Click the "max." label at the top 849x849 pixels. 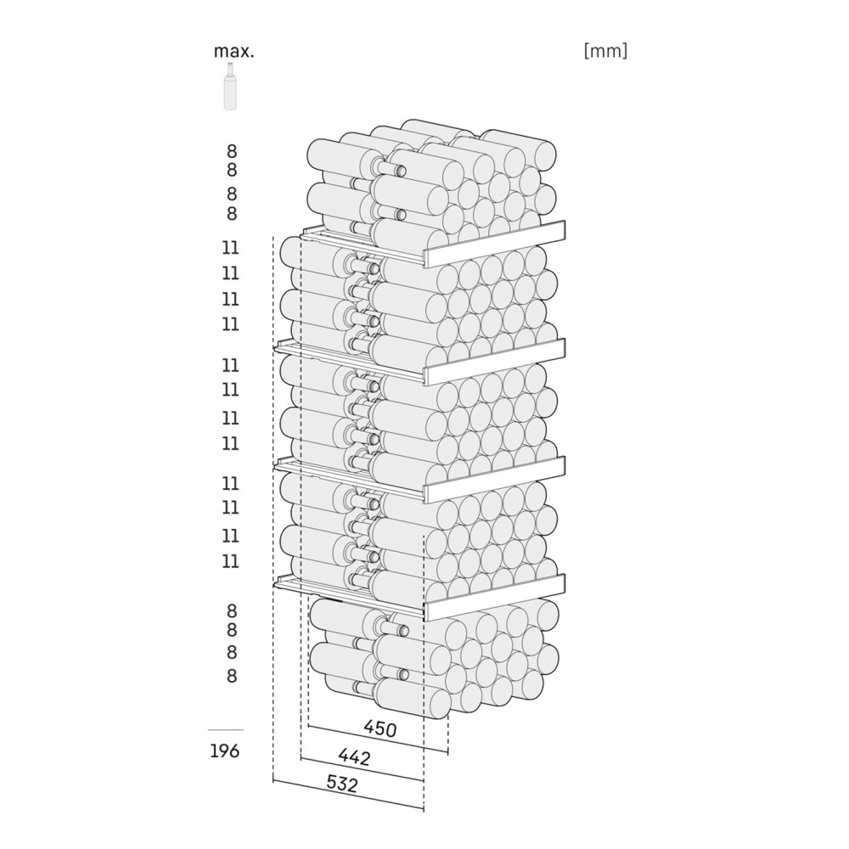tap(234, 52)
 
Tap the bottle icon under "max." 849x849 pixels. tap(231, 87)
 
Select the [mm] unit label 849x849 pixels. tap(606, 51)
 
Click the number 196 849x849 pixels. tap(225, 751)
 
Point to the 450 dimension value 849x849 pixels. tap(380, 728)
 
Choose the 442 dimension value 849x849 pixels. tap(354, 756)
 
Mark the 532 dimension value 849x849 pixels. tap(342, 783)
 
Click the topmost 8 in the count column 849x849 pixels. tap(232, 150)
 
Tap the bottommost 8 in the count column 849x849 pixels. tap(232, 676)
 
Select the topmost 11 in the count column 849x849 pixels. tap(231, 247)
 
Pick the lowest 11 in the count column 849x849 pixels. tap(231, 561)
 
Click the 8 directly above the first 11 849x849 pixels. tap(232, 213)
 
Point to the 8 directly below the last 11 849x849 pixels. tap(232, 610)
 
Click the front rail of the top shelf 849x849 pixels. tap(495, 244)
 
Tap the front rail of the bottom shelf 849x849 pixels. tap(495, 598)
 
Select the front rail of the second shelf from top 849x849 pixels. tap(495, 362)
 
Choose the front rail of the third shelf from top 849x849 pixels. tap(495, 480)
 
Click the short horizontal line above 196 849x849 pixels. tap(226, 730)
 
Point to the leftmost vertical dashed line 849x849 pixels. tap(273, 509)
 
